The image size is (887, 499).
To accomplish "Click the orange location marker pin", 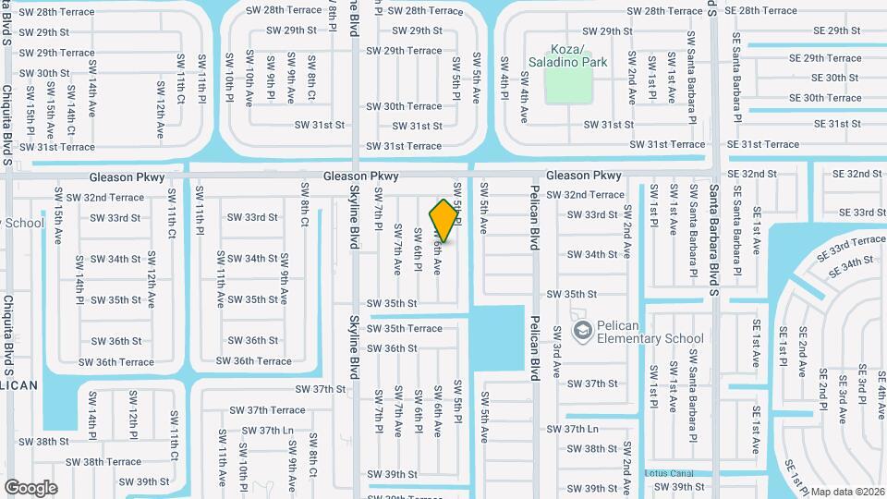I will point(444,221).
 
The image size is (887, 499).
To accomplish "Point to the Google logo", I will point(30,487).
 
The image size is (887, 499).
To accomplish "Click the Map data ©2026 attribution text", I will point(847,492).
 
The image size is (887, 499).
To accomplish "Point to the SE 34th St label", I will point(851,266).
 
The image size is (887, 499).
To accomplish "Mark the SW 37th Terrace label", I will point(267,410).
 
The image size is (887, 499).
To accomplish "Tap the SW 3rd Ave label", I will point(557,351).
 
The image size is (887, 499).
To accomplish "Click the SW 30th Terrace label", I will point(405,106).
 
